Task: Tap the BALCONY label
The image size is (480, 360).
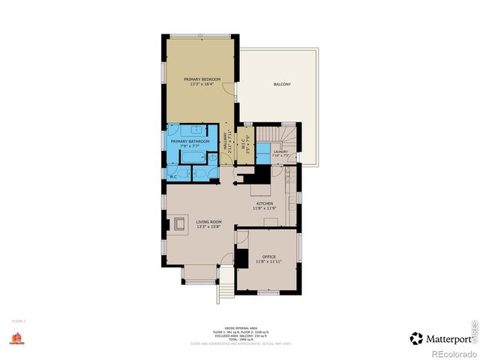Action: [281, 84]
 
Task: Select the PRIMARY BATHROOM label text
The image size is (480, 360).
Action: [189, 142]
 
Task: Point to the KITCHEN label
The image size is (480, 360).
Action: [265, 203]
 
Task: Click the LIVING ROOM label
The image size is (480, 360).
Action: [207, 222]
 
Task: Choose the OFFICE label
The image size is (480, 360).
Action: [269, 256]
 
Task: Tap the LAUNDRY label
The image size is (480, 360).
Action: [281, 151]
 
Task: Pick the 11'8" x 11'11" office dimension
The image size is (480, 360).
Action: [269, 262]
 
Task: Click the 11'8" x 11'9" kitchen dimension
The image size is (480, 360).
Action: [265, 208]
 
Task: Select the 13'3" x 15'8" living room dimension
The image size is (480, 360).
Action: [207, 227]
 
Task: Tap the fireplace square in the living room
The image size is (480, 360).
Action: [180, 223]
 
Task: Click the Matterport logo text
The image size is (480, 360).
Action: [447, 338]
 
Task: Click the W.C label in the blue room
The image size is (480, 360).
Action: [172, 177]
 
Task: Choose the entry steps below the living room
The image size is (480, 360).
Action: [223, 290]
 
